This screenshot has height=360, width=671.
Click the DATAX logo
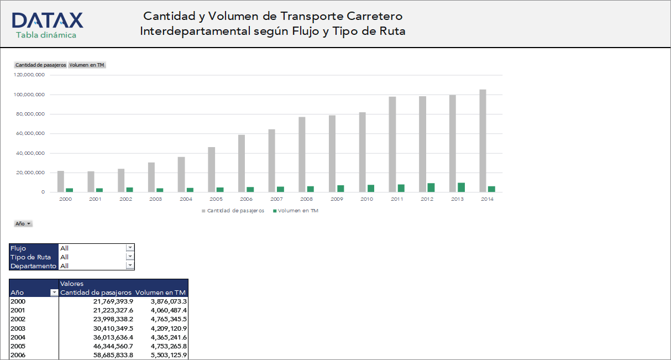click(47, 20)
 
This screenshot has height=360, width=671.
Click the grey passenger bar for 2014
click(483, 140)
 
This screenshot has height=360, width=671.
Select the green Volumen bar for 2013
click(461, 187)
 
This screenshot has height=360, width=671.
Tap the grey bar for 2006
click(242, 163)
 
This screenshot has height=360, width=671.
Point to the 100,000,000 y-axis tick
click(29, 95)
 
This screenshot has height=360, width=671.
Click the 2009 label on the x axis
click(337, 199)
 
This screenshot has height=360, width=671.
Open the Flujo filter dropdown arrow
click(130, 248)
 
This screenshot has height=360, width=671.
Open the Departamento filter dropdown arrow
click(130, 265)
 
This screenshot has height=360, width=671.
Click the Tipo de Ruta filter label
click(31, 257)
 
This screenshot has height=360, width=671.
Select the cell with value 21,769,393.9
click(113, 301)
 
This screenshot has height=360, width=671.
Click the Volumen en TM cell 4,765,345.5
click(169, 319)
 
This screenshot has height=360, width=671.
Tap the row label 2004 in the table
click(18, 337)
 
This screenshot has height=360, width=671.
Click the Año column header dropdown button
click(54, 293)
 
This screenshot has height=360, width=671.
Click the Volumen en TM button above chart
click(87, 65)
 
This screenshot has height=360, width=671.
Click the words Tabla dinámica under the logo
click(46, 35)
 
